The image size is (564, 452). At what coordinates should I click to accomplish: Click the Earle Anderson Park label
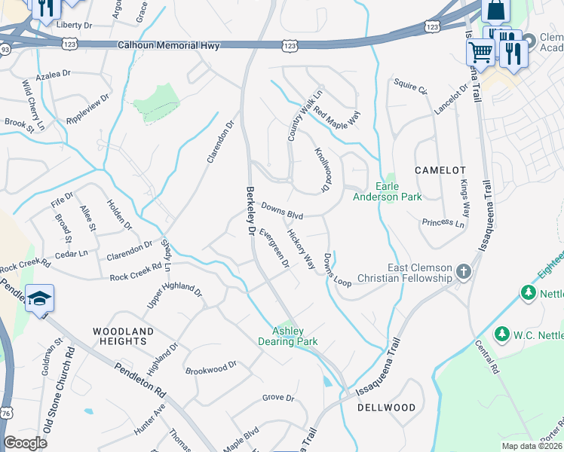[388, 192]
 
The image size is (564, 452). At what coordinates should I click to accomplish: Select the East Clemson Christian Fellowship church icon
[464, 271]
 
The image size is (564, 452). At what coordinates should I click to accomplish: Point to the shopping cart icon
[480, 52]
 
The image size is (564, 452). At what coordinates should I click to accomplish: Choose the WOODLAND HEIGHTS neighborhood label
[123, 336]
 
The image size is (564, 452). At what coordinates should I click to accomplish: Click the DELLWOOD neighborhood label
[387, 408]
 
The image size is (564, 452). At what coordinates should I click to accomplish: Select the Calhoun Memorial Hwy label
[169, 46]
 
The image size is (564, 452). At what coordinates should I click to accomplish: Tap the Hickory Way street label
[301, 249]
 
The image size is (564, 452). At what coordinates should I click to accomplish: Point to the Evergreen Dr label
[274, 248]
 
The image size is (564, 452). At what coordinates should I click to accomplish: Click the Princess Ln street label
[443, 222]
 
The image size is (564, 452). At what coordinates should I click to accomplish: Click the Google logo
[25, 443]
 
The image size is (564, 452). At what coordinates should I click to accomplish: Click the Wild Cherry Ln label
[34, 105]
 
